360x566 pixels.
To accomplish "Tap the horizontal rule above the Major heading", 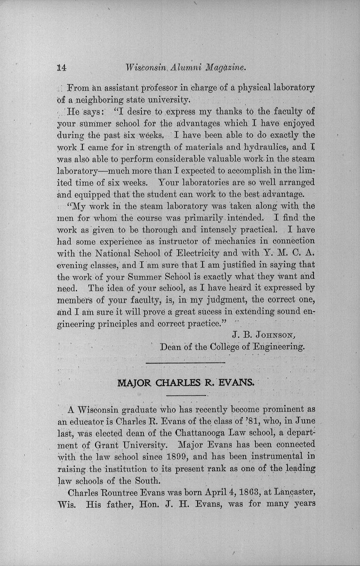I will pyautogui.click(x=185, y=363).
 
